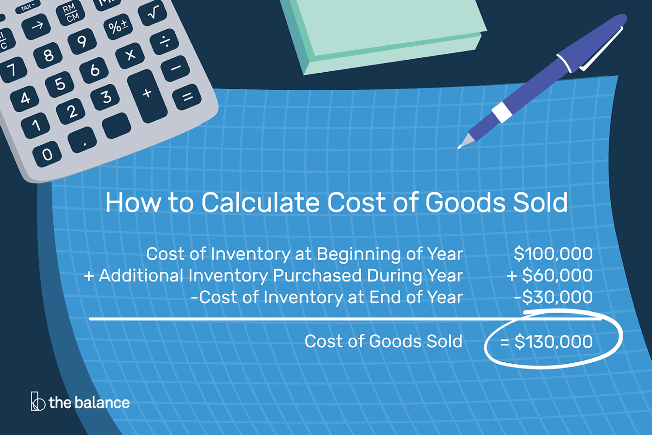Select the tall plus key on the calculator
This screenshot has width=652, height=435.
coord(147,95)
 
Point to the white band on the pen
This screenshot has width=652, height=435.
coord(502,112)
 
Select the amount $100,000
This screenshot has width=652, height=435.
coord(553,254)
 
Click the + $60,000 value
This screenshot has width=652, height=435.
coord(550,275)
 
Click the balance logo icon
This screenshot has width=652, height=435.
coord(37,401)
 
